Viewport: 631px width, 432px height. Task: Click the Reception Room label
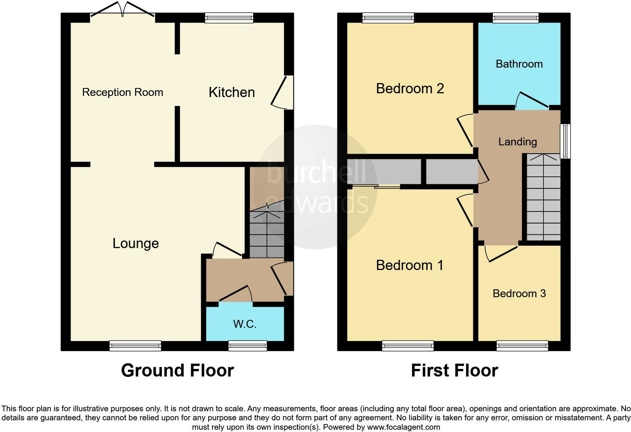(123, 92)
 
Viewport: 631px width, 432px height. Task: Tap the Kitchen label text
(232, 92)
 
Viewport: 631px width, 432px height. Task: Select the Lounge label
(135, 243)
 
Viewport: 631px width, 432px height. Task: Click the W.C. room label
(245, 324)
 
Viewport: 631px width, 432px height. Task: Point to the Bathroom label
(519, 64)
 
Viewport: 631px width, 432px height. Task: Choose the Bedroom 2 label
(410, 88)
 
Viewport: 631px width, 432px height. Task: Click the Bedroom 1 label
(409, 265)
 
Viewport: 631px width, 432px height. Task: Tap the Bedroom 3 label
(519, 293)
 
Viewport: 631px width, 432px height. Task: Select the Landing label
(517, 142)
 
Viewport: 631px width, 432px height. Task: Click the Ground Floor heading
(177, 370)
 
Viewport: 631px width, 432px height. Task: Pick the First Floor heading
(454, 370)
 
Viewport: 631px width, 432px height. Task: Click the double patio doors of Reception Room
(123, 11)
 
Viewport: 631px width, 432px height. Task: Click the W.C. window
(248, 346)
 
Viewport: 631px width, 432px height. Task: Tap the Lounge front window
(135, 346)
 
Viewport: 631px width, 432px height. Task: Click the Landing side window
(565, 141)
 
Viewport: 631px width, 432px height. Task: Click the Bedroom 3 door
(501, 253)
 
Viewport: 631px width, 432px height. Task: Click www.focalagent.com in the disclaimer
(403, 427)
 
